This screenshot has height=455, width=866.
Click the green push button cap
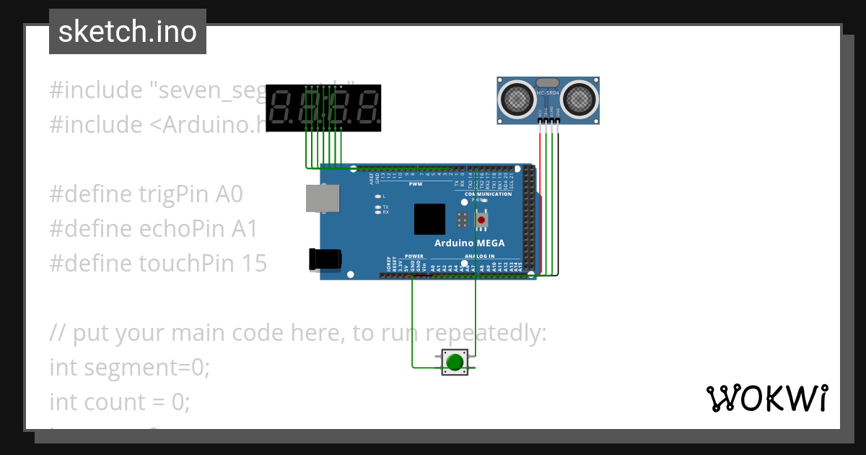coord(454,362)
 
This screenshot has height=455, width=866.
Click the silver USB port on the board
coord(320,198)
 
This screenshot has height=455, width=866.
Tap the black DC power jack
coord(321,259)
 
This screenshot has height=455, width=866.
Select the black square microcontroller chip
coord(429,219)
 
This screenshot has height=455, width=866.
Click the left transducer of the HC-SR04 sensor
coord(517,99)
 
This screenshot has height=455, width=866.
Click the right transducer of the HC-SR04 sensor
coord(579,99)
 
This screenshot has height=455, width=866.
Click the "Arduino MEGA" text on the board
coord(469,243)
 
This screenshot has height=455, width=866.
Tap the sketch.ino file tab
coord(128,32)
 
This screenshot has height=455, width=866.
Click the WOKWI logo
coord(766,398)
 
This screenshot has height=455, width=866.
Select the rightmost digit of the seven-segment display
coord(367,108)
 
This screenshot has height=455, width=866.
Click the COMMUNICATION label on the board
coord(489,194)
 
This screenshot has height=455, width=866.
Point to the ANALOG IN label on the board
coord(480,256)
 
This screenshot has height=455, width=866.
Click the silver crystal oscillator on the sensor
coord(548,83)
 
